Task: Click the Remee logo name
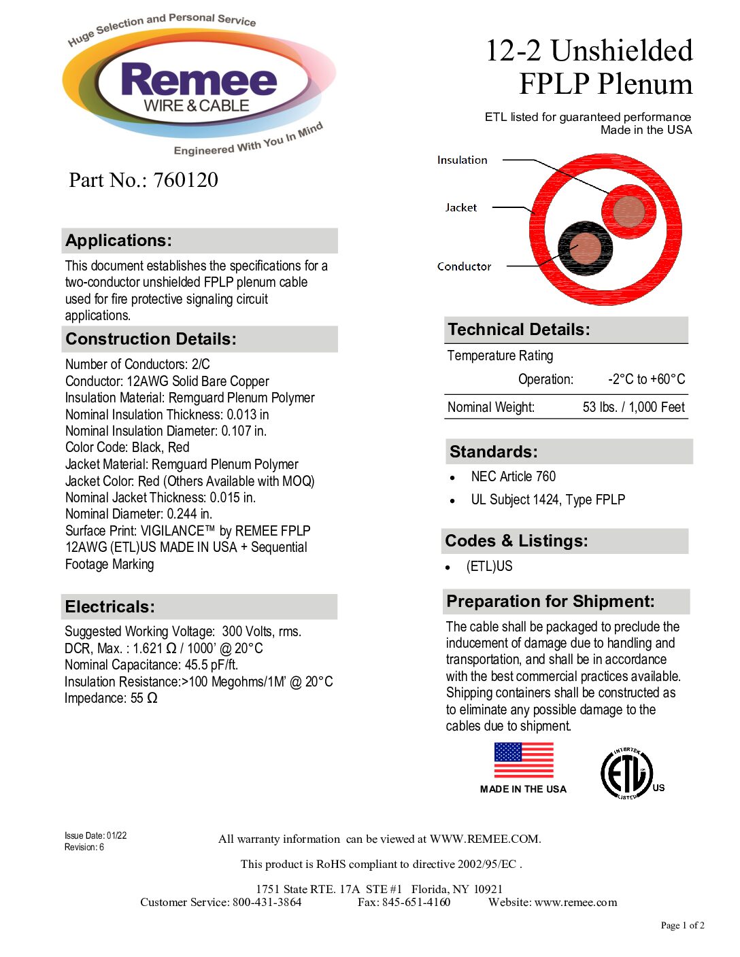[199, 80]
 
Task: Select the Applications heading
[119, 241]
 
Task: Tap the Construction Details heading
[151, 339]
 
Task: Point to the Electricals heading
[110, 607]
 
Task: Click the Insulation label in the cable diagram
[462, 160]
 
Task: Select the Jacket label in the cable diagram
[460, 208]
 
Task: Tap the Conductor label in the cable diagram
[464, 266]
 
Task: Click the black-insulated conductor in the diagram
[585, 248]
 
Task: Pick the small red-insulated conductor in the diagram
[628, 212]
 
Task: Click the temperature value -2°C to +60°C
[646, 379]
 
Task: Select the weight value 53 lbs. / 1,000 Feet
[633, 407]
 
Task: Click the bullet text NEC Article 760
[513, 476]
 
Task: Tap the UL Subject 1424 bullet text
[548, 500]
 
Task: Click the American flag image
[524, 760]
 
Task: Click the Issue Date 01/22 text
[95, 836]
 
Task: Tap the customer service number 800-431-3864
[267, 903]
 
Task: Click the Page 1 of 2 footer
[682, 925]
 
